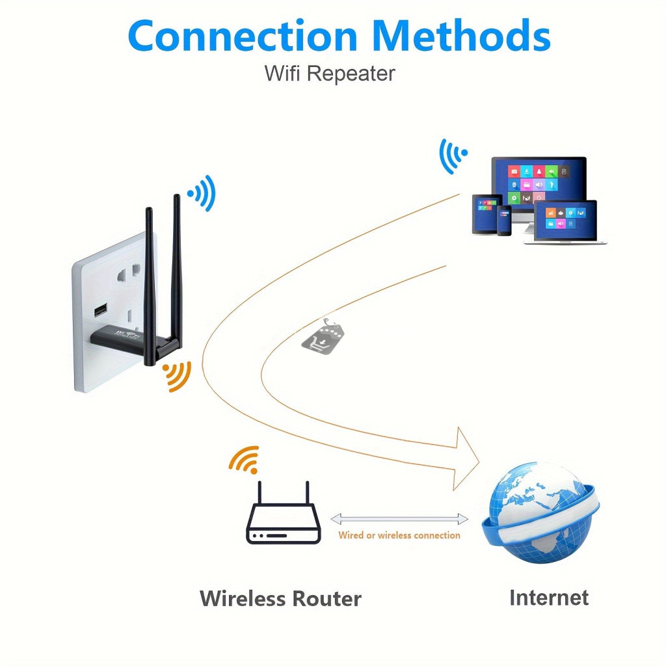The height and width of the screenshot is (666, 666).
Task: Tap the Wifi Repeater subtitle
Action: [x=329, y=73]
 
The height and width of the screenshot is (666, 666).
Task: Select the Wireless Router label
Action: [x=280, y=598]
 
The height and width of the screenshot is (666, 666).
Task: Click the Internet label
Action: [x=548, y=597]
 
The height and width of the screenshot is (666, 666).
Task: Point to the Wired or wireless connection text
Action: [x=399, y=535]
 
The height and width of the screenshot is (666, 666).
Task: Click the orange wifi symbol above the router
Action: [x=245, y=459]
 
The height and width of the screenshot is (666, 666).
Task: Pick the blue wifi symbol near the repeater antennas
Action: [x=202, y=192]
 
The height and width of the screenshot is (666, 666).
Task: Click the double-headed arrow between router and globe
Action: [x=399, y=518]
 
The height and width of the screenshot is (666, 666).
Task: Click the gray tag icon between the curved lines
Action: [x=323, y=336]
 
